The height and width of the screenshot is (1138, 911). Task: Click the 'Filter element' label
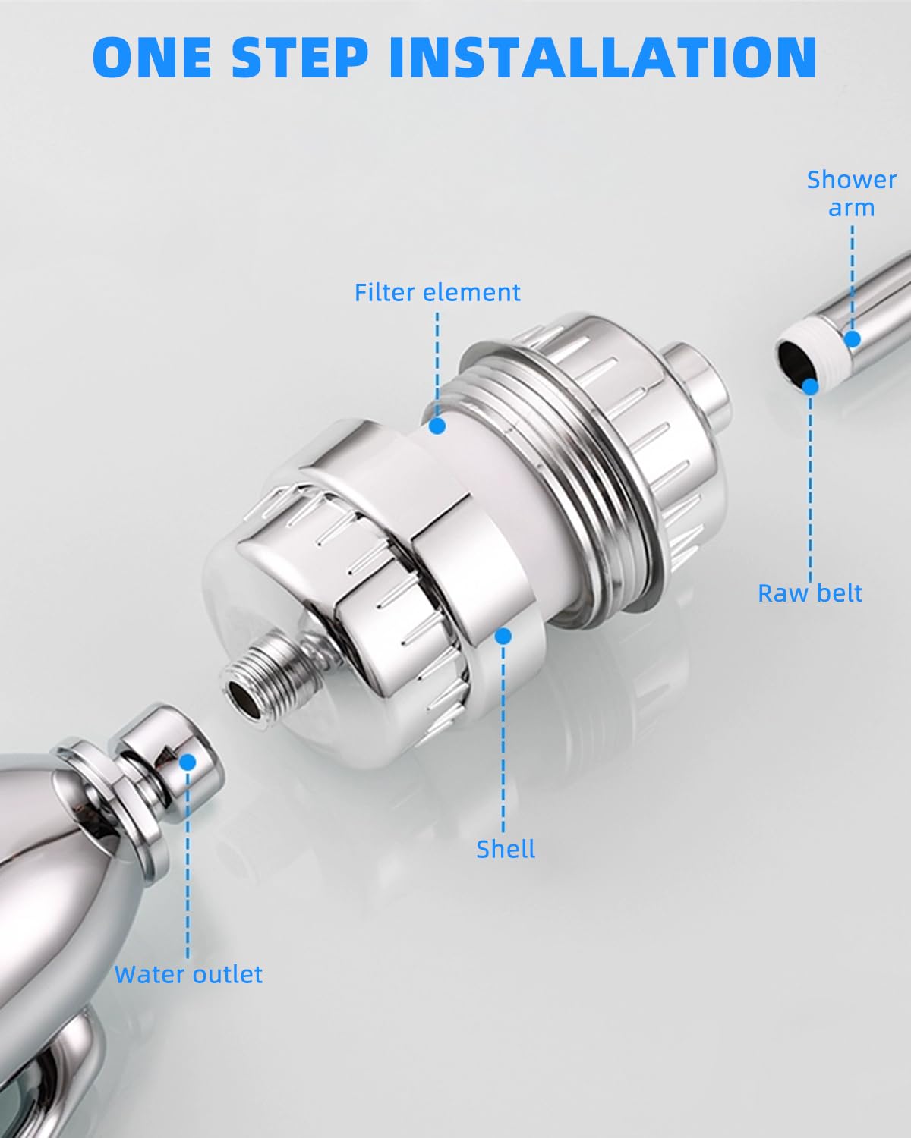coord(437,292)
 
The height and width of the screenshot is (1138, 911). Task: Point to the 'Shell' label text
coord(506,849)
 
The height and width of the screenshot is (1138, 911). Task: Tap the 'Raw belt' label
coord(810,593)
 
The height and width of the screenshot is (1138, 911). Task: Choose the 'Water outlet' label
coord(188,974)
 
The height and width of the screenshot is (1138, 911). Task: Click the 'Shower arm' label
coord(851,193)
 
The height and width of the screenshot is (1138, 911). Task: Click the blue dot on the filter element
coord(437,426)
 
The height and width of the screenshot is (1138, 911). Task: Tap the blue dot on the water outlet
coord(188,760)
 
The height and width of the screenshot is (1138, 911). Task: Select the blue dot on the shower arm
coord(852,338)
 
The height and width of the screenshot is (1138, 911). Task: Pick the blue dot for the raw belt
coord(810,386)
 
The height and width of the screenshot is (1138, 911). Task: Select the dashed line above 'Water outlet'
coord(188,865)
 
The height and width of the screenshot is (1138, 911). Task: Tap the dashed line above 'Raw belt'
coord(810,486)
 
